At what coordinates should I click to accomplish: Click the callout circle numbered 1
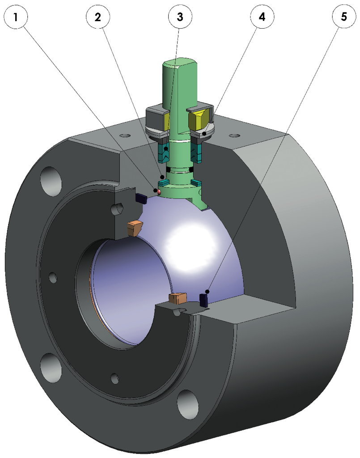[16, 17]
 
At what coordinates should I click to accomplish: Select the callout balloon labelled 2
[98, 17]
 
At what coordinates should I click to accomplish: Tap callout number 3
[180, 17]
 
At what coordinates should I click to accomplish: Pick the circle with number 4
[262, 17]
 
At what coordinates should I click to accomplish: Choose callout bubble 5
[344, 17]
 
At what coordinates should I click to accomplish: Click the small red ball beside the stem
[159, 192]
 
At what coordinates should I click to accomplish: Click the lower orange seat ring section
[178, 298]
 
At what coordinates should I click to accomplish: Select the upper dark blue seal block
[141, 198]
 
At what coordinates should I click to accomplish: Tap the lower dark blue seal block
[203, 301]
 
